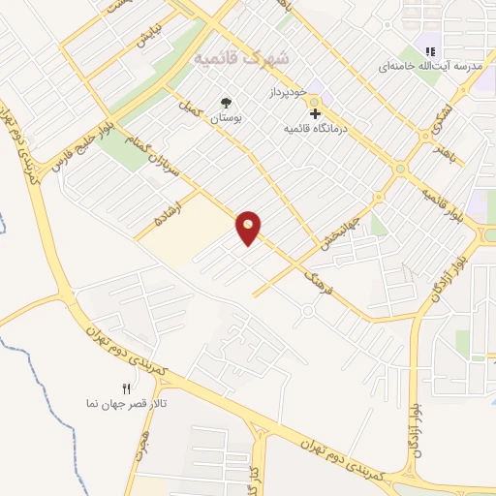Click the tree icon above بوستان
click(227, 102)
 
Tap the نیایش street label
click(146, 40)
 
